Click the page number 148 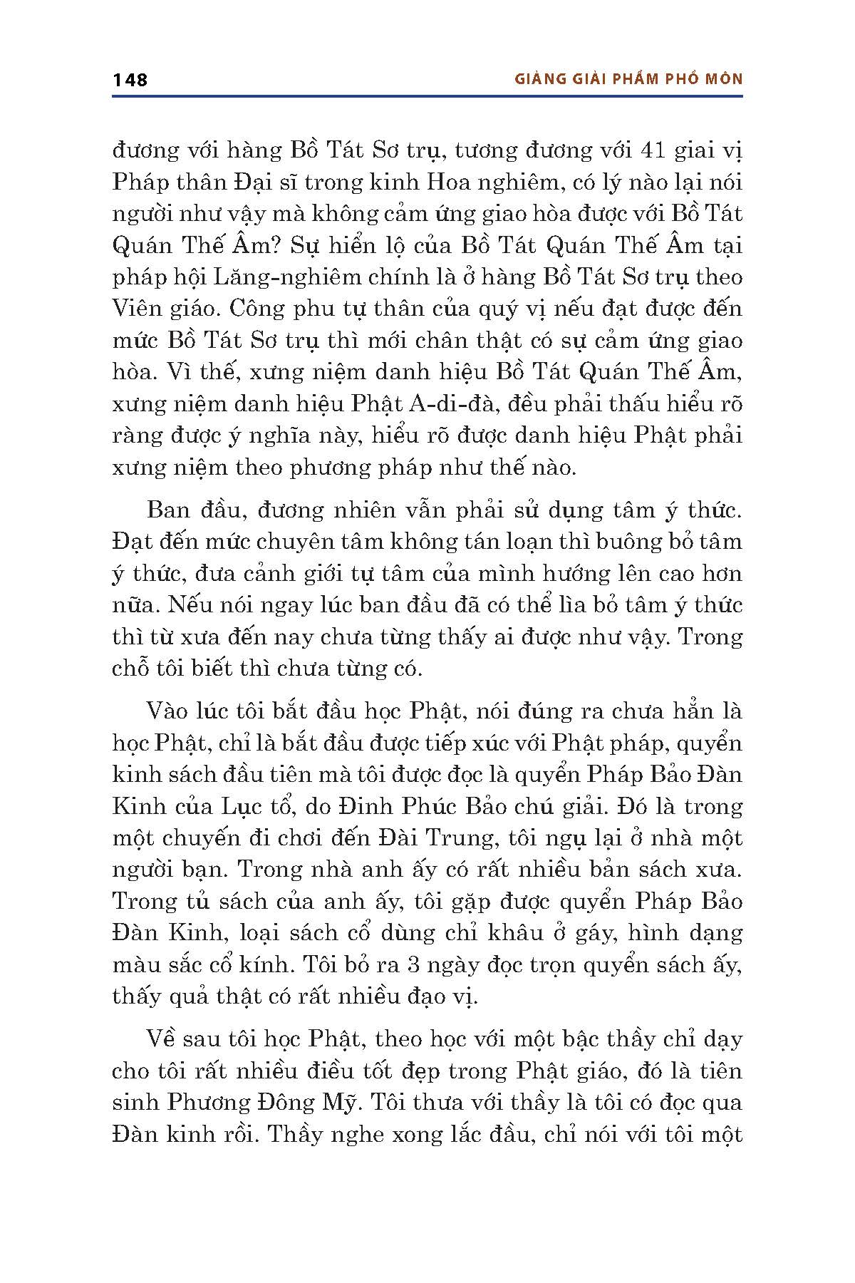pyautogui.click(x=130, y=79)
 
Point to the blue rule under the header pyautogui.click(x=427, y=96)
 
